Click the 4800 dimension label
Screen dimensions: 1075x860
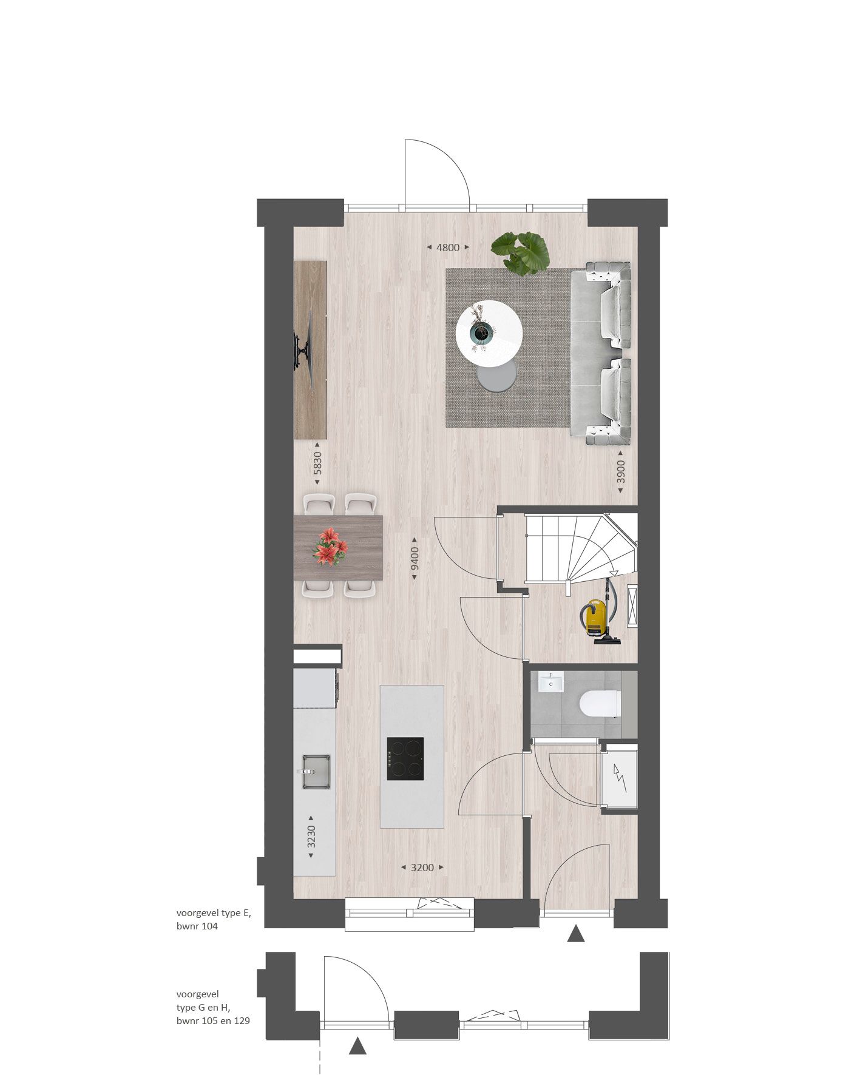click(x=448, y=248)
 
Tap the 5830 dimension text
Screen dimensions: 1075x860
click(x=317, y=466)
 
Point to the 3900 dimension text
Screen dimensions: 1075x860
click(x=620, y=471)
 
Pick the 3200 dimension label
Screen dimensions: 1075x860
click(x=422, y=868)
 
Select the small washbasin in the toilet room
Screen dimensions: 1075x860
click(x=550, y=682)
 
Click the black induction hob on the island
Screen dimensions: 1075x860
click(x=405, y=759)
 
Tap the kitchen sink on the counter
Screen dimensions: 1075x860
click(x=316, y=772)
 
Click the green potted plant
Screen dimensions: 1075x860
click(x=521, y=252)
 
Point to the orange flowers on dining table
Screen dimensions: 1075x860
click(x=330, y=546)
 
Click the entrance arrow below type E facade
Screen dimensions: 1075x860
click(x=575, y=934)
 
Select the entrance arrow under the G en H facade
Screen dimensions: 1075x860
click(x=359, y=1046)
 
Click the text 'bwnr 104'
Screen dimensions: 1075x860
click(x=197, y=926)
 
